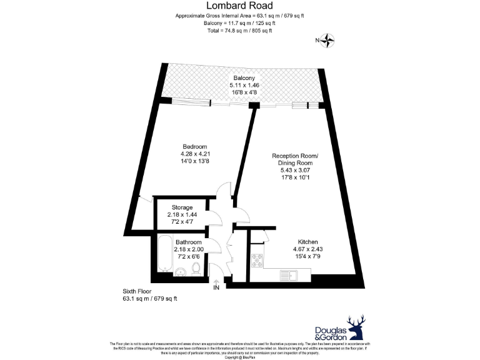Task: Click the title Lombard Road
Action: [x=240, y=6]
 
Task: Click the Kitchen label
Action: [x=308, y=242]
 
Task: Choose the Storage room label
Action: [x=182, y=207]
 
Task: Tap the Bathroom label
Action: [x=188, y=242]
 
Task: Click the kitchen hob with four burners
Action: [x=256, y=261]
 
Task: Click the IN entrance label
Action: [x=216, y=288]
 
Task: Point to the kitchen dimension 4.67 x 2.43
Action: [x=308, y=249]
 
